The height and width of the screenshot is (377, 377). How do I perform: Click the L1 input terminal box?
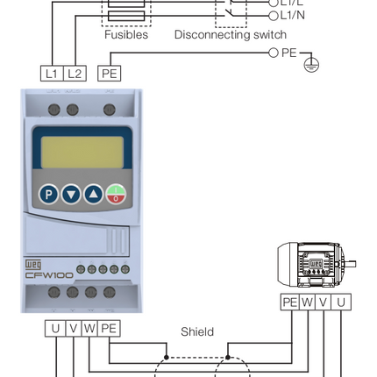(x=52, y=75)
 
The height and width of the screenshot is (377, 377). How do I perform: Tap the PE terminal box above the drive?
(x=109, y=75)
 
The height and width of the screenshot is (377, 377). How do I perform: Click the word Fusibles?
(x=126, y=35)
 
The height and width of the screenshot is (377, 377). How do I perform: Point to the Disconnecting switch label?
(x=230, y=35)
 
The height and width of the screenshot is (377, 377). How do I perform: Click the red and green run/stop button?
(x=116, y=195)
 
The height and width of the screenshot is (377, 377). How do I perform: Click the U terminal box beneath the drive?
(x=56, y=329)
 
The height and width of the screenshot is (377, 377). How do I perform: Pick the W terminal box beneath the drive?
(x=90, y=329)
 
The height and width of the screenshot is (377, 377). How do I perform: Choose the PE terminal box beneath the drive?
(x=109, y=329)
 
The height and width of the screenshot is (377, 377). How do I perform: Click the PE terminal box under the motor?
(x=289, y=302)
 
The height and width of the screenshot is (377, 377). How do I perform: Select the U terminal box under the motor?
(x=341, y=302)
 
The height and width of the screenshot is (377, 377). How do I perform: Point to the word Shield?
(x=196, y=332)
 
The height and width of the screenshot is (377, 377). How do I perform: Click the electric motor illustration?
(x=315, y=263)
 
